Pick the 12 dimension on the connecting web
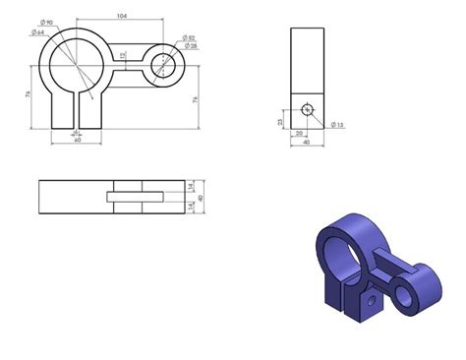click(123, 56)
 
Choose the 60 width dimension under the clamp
click(77, 141)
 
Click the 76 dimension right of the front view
click(198, 98)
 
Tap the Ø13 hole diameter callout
click(337, 125)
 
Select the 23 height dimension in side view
click(280, 121)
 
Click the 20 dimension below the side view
click(299, 134)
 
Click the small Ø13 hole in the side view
click(308, 109)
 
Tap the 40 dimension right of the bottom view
click(201, 198)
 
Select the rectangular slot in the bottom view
click(133, 197)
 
